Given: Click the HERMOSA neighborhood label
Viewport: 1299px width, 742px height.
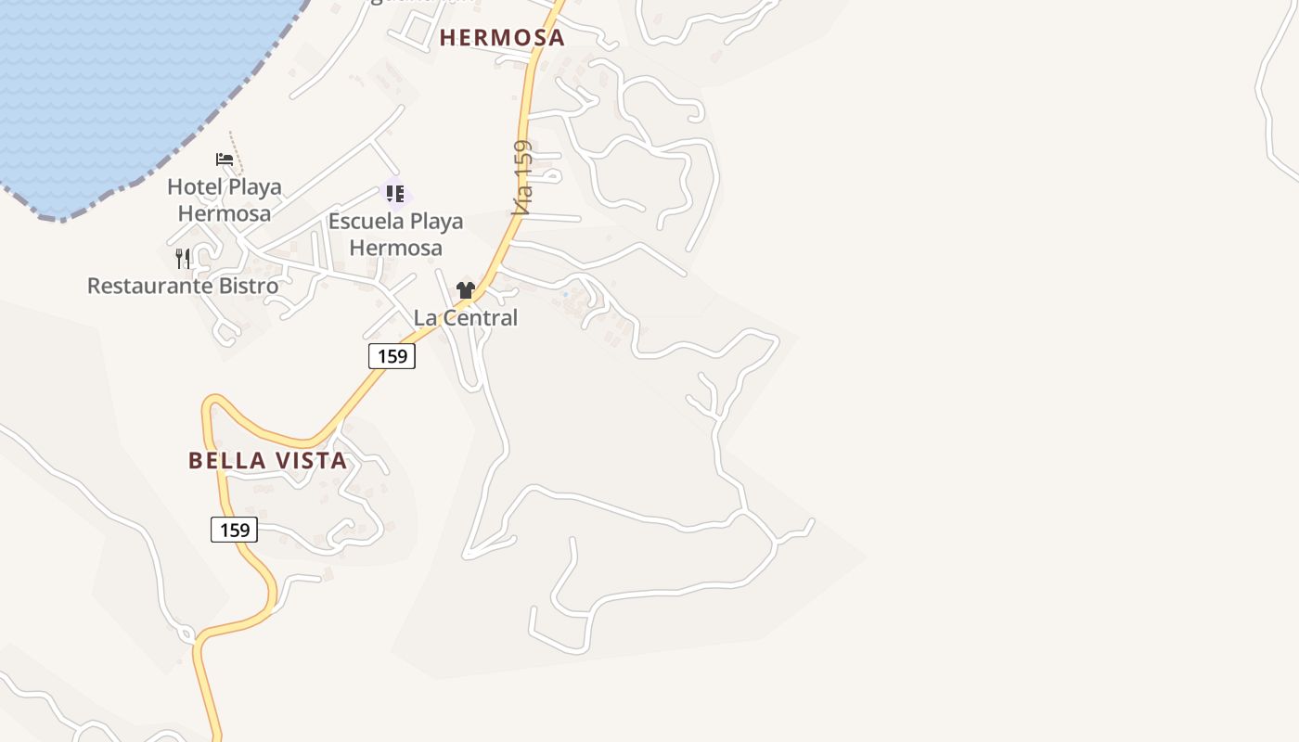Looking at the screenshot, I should (x=502, y=38).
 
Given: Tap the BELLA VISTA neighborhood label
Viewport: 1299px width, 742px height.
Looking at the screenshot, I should (x=268, y=460).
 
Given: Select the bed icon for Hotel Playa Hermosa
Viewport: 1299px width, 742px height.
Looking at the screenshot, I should (x=225, y=159).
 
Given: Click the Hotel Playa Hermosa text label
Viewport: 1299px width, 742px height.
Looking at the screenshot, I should (x=225, y=199).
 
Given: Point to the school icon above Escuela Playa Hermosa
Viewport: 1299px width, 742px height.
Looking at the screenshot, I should (x=395, y=193).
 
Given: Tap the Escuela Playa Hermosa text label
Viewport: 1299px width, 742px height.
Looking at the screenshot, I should (x=396, y=235).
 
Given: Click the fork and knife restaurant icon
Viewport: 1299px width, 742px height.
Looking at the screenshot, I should (x=183, y=258).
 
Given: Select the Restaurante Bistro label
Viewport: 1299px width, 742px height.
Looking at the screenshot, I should (x=183, y=286).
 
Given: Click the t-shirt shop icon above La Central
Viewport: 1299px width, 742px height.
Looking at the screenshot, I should (x=466, y=290).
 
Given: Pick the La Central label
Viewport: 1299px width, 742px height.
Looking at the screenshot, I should (x=466, y=317).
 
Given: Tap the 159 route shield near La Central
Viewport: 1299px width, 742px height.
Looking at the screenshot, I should (x=392, y=355).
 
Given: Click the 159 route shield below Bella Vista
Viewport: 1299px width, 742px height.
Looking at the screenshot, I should (x=234, y=530).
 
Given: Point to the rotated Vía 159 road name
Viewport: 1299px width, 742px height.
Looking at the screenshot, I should (x=523, y=178).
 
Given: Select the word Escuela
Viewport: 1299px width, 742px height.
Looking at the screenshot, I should (x=364, y=222).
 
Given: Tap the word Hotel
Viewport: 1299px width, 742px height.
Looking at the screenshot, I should (x=195, y=186).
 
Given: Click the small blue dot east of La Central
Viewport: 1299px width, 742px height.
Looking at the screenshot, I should (x=565, y=295).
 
